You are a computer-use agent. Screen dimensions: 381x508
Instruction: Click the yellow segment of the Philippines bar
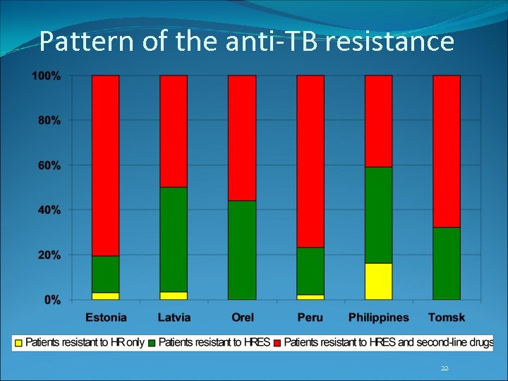coord(378,282)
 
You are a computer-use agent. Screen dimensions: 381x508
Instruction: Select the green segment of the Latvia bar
coord(174,239)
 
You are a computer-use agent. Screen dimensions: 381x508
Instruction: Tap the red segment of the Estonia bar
coord(106,165)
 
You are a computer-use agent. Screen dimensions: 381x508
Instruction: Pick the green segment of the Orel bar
coord(242,250)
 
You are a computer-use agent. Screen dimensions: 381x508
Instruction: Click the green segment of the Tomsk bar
coord(446,263)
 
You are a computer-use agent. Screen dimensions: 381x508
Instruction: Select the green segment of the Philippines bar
coord(378,215)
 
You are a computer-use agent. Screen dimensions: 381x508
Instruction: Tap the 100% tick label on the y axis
coord(46,75)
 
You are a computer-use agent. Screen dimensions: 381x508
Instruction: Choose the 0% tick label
coord(52,300)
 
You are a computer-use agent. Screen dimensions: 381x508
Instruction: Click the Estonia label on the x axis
coord(107,317)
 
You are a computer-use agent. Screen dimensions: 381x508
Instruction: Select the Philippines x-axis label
coord(378,317)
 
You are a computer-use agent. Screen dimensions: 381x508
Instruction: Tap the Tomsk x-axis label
coord(446,317)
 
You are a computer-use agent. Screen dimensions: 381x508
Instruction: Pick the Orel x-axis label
coord(242,317)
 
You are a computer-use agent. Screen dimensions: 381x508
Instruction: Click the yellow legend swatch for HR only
coord(19,344)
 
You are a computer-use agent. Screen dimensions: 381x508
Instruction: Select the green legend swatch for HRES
coord(152,344)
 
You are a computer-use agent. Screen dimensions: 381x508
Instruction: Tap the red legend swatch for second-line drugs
coord(277,344)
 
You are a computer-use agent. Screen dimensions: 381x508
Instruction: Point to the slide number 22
coord(445,368)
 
